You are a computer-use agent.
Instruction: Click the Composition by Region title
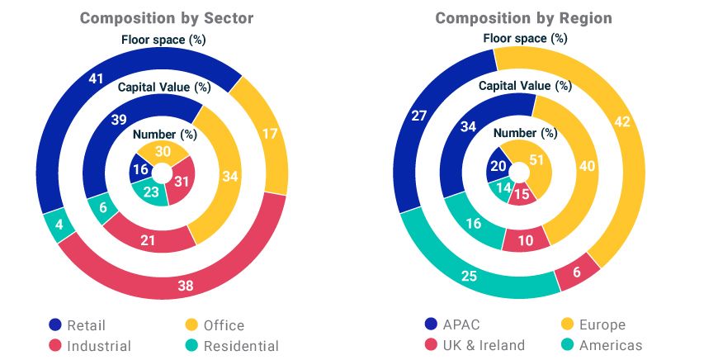(524, 18)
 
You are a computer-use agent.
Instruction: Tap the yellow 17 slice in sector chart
(268, 132)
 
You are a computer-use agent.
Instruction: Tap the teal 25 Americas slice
(469, 275)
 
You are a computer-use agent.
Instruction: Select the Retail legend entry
(78, 324)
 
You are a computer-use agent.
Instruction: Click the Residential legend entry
(231, 346)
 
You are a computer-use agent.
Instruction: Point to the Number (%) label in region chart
(526, 133)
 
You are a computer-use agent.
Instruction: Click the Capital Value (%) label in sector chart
(165, 87)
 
